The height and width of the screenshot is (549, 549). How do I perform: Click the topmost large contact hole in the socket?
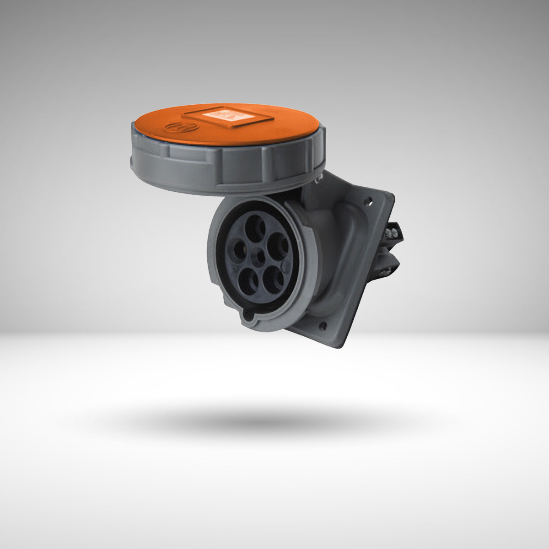point(255,225)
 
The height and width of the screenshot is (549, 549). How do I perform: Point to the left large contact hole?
point(239,251)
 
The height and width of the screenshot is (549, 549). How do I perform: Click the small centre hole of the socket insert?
point(259,257)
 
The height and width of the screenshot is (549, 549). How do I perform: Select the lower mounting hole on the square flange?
point(324,327)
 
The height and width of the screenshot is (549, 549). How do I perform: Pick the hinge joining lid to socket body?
point(316,181)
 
